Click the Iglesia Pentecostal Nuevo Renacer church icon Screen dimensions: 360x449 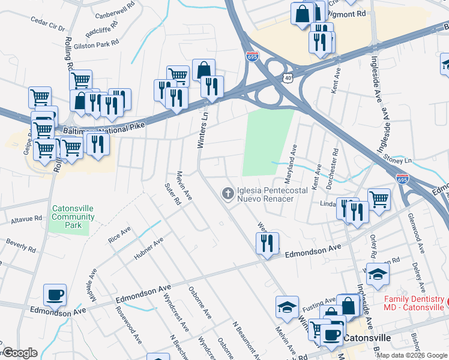(228, 193)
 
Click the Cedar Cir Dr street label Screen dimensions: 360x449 (47, 28)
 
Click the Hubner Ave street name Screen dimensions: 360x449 (149, 250)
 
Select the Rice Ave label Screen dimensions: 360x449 (119, 235)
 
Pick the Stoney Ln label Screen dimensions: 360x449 (400, 161)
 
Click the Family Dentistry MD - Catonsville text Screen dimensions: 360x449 (415, 303)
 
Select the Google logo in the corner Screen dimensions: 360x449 (20, 353)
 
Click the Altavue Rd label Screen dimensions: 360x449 (22, 218)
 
